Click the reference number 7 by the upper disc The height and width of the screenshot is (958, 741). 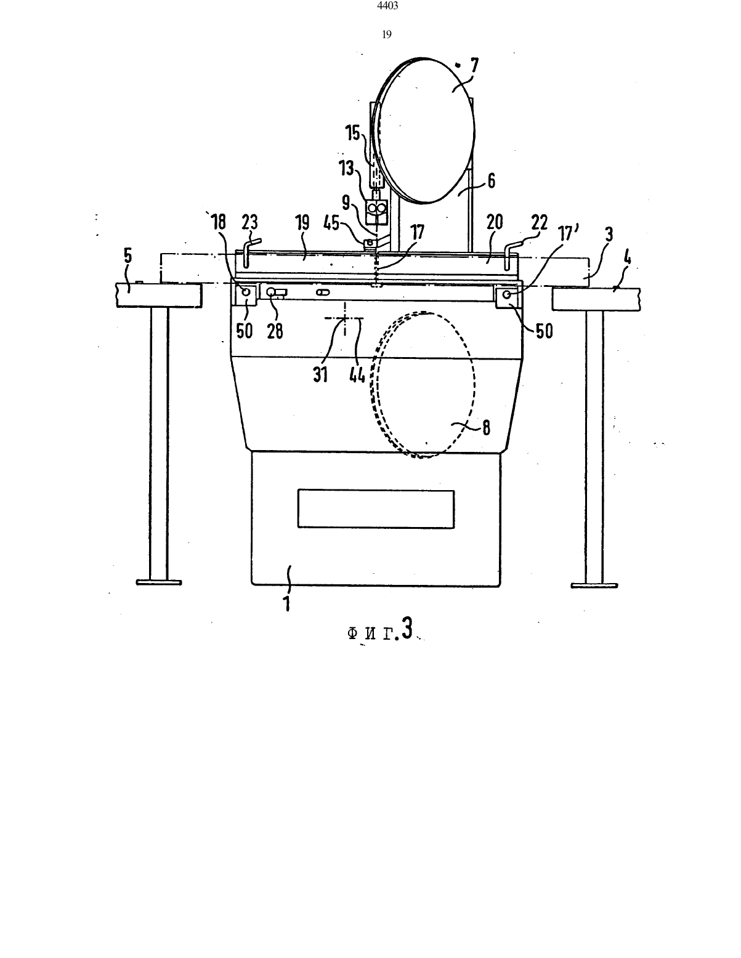(474, 67)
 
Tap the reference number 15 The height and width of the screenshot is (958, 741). (354, 133)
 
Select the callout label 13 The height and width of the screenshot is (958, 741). (346, 168)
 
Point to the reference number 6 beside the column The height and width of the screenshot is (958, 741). (491, 180)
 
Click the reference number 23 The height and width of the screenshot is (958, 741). (249, 222)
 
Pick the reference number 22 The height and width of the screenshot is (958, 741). (540, 222)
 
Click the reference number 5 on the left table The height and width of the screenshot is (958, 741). (128, 256)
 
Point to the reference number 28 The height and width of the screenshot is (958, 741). (275, 331)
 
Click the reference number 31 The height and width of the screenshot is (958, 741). (321, 375)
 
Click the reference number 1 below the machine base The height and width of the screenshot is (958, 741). (287, 602)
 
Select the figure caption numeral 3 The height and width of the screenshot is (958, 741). (408, 628)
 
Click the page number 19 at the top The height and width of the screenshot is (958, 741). (387, 34)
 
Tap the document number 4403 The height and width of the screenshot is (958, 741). (387, 6)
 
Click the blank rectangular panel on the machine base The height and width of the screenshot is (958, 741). (376, 509)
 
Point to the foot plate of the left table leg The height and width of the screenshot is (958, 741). (159, 582)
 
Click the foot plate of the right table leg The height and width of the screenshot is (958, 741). (594, 586)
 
